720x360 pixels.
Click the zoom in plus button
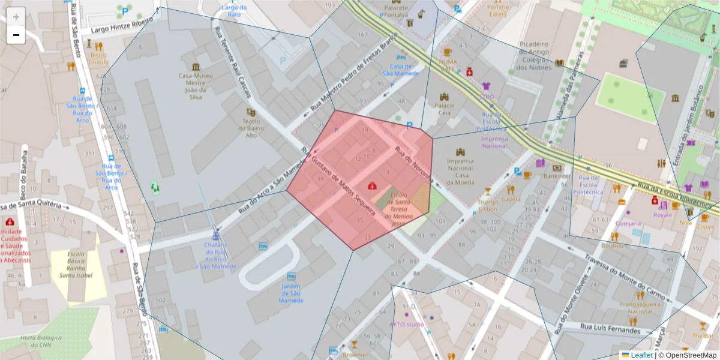coord(16,17)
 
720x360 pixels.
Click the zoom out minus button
coord(16,35)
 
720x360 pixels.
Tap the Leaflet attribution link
coord(641,355)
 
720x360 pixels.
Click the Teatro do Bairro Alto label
coord(250,128)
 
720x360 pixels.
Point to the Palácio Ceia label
coord(444,109)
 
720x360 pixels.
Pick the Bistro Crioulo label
coord(98,58)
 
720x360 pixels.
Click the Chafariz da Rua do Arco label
coord(214,255)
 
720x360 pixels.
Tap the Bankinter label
coord(557,176)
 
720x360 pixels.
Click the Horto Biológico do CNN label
coord(37,341)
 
